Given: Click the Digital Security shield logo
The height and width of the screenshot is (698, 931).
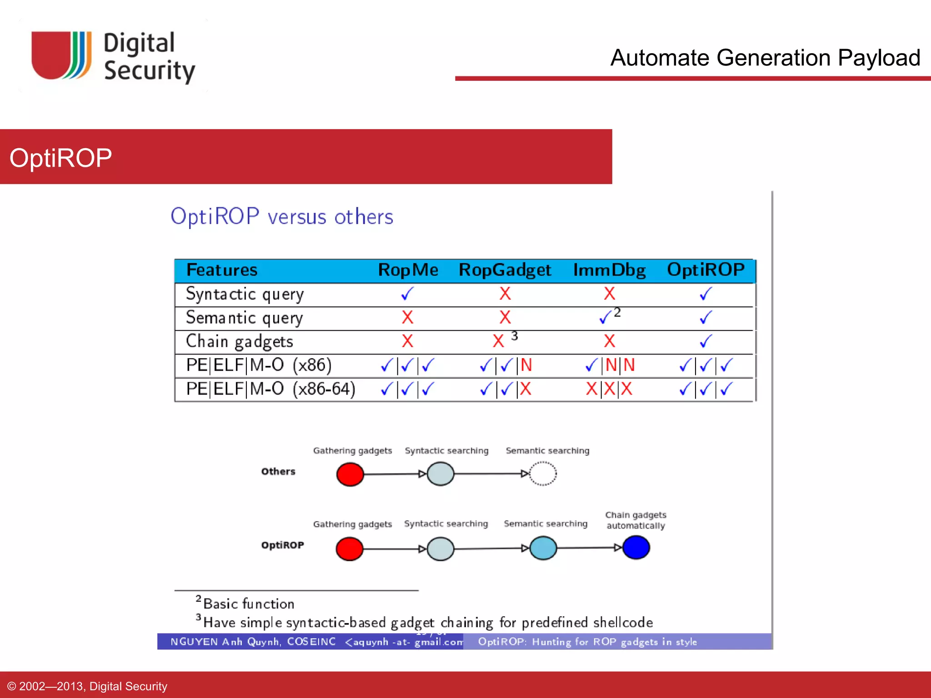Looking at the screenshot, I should point(61,55).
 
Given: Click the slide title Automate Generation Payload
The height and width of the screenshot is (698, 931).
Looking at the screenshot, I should point(765,58).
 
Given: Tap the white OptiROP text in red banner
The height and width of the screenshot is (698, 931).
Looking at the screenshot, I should point(60,158).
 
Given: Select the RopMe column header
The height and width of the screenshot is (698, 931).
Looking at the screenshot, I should point(408,270).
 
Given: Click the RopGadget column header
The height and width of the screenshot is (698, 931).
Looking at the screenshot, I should point(505,270).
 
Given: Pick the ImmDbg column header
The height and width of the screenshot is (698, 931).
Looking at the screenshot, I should point(609,270).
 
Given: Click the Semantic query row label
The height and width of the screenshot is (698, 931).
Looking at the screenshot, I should point(244,318).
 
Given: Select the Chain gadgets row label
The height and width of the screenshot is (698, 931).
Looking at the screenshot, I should point(240,341).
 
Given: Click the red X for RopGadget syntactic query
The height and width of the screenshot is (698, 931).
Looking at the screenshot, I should point(505,294).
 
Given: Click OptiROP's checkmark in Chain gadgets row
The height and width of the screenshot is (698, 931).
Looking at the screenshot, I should point(706,341).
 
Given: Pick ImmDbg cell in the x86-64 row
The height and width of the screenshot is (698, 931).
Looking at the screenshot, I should point(609,389).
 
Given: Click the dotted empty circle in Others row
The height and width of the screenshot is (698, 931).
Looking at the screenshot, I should point(543,474).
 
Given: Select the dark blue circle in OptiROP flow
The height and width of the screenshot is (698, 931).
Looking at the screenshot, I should point(636,547).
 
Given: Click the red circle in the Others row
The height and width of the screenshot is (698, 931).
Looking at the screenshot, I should point(350,474).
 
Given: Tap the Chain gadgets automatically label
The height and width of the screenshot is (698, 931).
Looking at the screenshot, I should point(636,520).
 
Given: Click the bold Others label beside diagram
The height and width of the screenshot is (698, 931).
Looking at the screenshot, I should point(278,471).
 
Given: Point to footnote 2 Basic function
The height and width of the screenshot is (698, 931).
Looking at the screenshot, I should point(245,603).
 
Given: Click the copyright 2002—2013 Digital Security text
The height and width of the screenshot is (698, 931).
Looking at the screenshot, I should point(87,686).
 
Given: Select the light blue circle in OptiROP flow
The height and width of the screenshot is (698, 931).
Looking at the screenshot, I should point(543,548).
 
